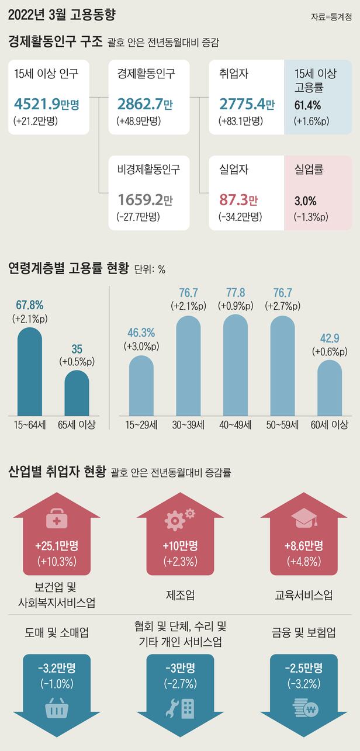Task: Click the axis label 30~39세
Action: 188,425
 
